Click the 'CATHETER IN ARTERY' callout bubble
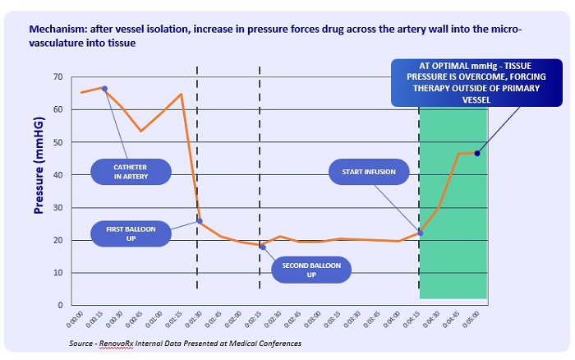[x=132, y=170]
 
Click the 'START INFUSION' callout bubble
[x=369, y=172]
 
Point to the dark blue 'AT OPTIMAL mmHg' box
[x=469, y=82]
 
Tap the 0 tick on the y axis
[x=60, y=305]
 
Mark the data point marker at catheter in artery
[x=104, y=88]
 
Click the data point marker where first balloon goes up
[x=200, y=221]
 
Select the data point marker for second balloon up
[x=263, y=247]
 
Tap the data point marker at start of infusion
[x=421, y=233]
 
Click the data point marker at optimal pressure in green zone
[x=477, y=153]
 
